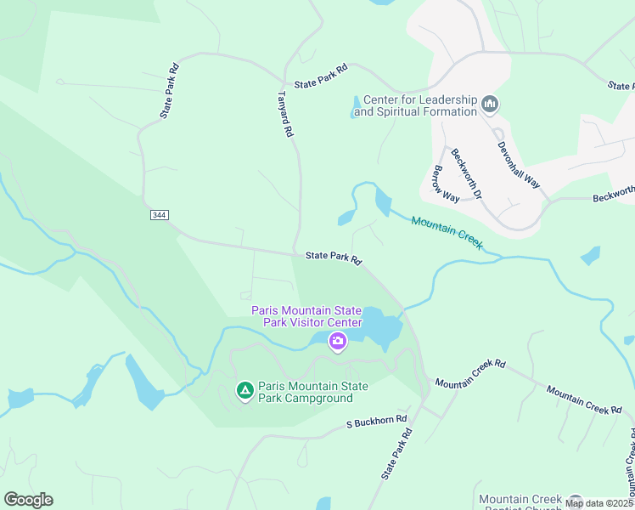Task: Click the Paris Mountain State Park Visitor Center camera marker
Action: tap(338, 343)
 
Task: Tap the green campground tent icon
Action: tap(244, 391)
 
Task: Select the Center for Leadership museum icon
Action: tap(489, 105)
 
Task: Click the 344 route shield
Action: tap(159, 215)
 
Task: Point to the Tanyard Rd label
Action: tap(286, 115)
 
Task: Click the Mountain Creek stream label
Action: tap(447, 232)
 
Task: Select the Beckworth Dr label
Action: tap(466, 174)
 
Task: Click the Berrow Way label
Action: tap(446, 184)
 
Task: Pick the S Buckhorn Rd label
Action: tap(377, 421)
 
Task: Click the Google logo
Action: tap(28, 500)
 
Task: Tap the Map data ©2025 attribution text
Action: tap(598, 503)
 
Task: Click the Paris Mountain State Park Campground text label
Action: tap(313, 392)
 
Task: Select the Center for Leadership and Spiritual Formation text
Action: tap(415, 105)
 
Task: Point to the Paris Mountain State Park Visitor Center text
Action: tap(306, 316)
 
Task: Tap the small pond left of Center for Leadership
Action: tap(355, 109)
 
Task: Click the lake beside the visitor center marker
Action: tap(380, 328)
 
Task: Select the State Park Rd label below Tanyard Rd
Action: tap(334, 257)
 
